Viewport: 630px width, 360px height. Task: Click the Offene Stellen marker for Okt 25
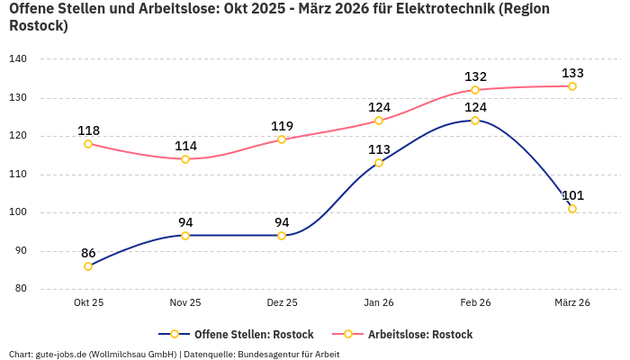(88, 266)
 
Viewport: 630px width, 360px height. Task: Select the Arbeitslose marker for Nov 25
(185, 159)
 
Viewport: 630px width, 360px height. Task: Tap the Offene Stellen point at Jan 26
(379, 163)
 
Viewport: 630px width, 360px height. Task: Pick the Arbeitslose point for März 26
(572, 86)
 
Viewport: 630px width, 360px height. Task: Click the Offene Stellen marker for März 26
(572, 209)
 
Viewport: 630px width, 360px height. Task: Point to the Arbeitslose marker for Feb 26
(475, 90)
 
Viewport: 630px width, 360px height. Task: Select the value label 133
(572, 73)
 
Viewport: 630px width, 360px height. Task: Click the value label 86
(88, 253)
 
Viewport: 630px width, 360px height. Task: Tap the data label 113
(379, 149)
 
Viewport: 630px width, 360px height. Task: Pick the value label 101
(572, 195)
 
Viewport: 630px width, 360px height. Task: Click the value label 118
(88, 130)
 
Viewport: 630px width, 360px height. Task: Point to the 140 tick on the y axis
(18, 59)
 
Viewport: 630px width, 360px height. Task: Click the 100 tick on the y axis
(18, 213)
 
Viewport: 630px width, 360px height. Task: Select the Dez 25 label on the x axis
(282, 303)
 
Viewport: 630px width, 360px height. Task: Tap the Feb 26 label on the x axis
(475, 303)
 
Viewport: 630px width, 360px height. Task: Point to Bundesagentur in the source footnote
(267, 354)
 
